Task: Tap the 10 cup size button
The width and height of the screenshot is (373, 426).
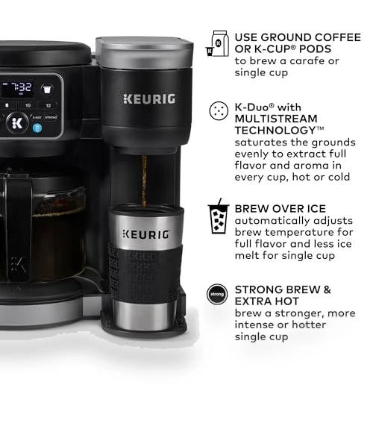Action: pos(28,105)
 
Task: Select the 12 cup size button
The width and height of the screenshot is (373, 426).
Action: pos(48,105)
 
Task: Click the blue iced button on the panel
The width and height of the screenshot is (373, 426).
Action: pos(37,128)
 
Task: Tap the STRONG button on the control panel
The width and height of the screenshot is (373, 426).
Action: pos(51,117)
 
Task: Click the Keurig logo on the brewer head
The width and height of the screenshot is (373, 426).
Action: pos(149,99)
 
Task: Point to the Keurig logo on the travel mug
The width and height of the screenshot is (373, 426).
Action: pos(146,234)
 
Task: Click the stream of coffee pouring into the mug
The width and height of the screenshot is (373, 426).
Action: pos(144,181)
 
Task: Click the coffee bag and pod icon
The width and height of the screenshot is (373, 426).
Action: pos(218,43)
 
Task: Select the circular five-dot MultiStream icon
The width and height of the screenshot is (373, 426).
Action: pos(219,111)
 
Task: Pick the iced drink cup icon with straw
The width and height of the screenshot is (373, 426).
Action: pos(219,216)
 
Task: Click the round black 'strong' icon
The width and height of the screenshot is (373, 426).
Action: pos(217,294)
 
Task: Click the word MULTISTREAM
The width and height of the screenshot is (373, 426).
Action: pos(276,119)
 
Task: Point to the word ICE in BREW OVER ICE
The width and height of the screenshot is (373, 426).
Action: pos(316,209)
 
